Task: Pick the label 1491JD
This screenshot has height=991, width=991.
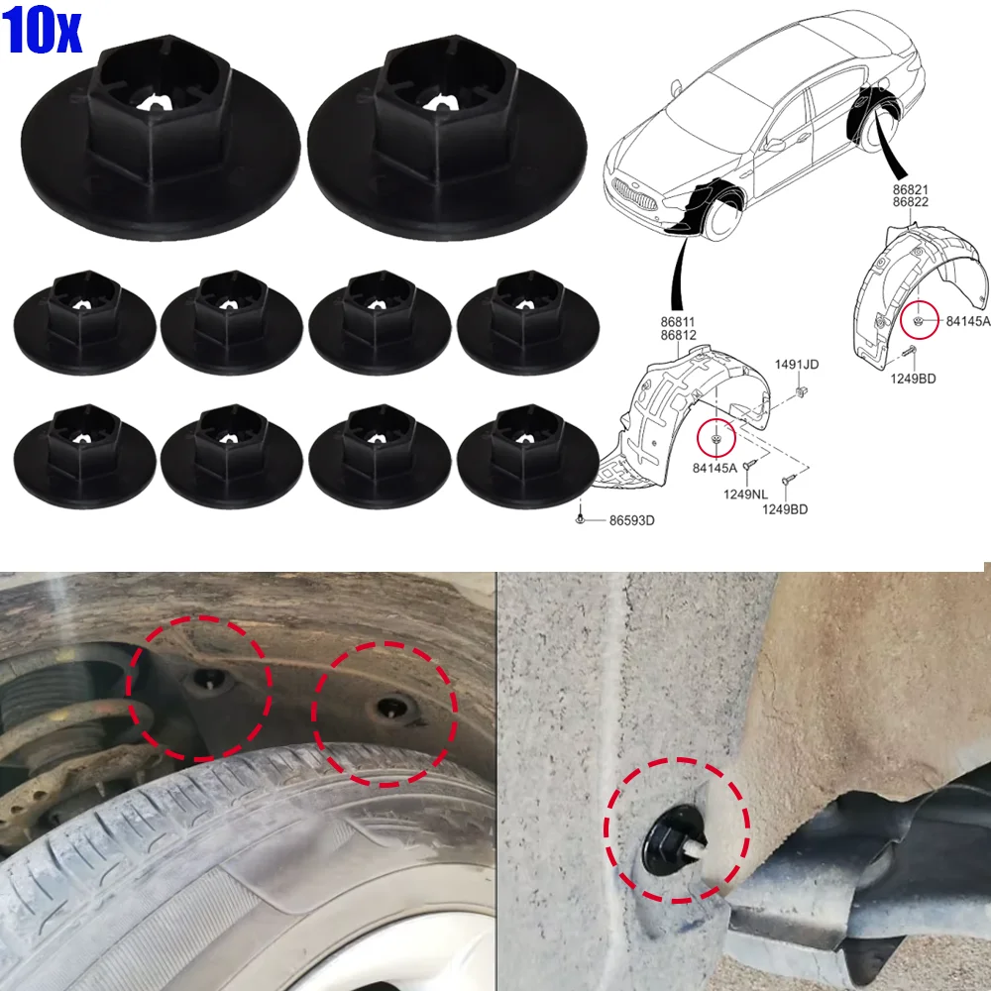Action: (797, 365)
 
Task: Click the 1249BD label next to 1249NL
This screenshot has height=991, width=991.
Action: (785, 509)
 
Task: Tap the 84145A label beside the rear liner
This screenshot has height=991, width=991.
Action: (967, 320)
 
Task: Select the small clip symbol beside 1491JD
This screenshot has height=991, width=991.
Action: (798, 394)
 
